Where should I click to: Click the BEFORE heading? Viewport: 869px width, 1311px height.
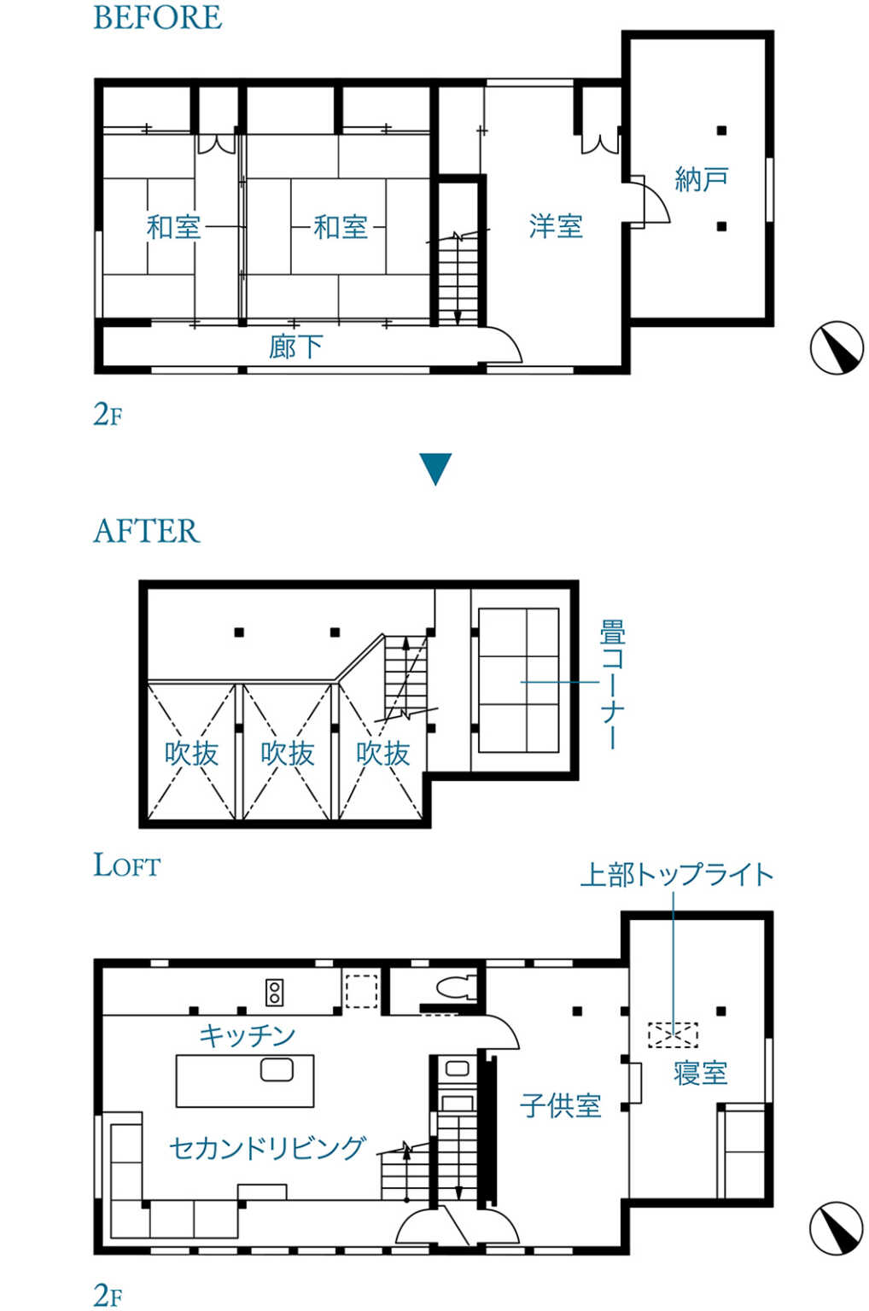(157, 17)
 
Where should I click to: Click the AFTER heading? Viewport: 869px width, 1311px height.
(146, 531)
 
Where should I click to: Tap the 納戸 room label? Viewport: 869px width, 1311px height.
(701, 179)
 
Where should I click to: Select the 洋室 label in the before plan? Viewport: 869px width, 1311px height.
(556, 226)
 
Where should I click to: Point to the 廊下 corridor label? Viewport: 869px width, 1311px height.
(295, 347)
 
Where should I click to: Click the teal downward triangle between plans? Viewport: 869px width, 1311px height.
(435, 469)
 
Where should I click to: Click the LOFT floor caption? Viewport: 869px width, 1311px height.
(127, 865)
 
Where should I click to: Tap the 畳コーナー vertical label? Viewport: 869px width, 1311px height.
(612, 684)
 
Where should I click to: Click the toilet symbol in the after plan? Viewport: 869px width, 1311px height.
(456, 988)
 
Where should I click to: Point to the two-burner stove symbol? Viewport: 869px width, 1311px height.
(275, 993)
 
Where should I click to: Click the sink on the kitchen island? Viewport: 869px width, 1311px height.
(277, 1070)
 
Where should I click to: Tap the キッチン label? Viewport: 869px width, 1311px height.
(247, 1035)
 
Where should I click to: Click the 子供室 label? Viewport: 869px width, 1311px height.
(560, 1105)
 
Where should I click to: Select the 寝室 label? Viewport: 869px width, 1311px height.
(701, 1073)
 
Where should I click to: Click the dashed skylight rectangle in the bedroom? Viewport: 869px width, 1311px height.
(673, 1034)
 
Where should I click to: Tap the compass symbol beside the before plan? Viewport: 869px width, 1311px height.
(837, 347)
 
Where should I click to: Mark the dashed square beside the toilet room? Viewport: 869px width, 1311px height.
(362, 991)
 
